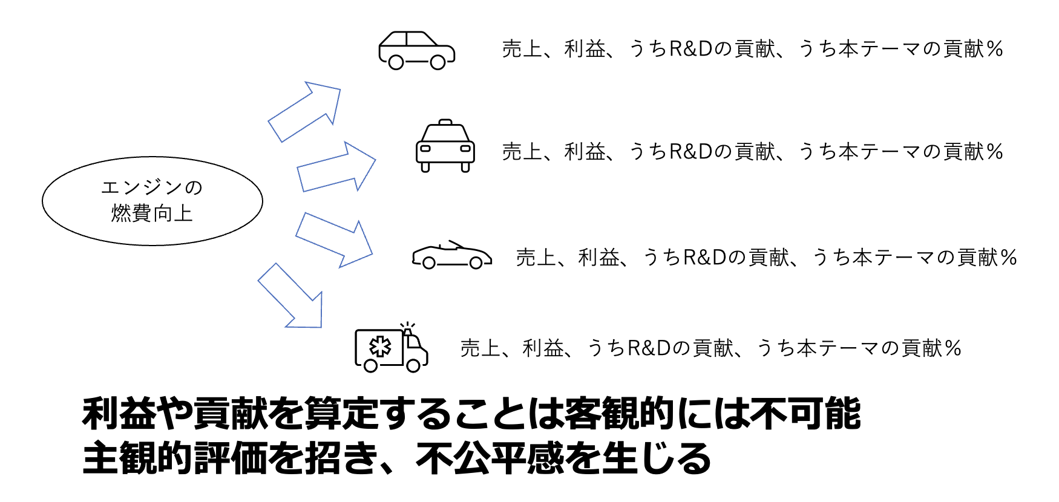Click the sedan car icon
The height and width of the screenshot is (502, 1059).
416,50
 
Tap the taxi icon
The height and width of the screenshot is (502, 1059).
445,147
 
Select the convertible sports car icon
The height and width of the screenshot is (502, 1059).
451,256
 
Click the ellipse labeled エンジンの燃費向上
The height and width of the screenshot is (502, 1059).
152,201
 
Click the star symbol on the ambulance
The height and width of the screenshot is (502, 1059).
380,347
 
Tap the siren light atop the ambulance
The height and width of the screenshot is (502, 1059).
407,329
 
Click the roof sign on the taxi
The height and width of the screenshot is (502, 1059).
445,122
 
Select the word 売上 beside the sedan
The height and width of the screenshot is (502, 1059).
521,49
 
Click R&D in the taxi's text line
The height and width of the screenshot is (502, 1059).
690,152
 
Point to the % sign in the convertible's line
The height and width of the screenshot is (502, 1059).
1009,258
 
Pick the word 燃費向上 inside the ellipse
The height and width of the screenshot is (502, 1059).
152,213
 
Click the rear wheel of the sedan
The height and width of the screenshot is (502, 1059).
396,62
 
